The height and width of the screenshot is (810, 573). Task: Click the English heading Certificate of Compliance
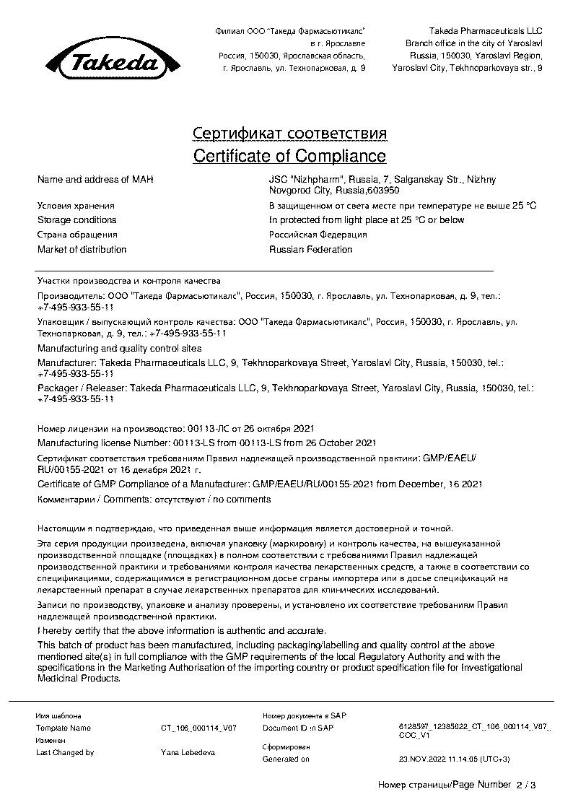click(289, 156)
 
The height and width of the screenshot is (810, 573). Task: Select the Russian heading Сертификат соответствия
click(289, 134)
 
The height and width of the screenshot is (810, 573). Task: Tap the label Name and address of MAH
click(95, 179)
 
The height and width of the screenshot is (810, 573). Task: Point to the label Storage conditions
click(76, 220)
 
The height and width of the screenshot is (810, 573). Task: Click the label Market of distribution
click(82, 250)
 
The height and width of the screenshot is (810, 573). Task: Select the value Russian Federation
click(311, 250)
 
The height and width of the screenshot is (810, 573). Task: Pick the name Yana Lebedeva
click(188, 752)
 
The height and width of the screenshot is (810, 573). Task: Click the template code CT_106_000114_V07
click(198, 728)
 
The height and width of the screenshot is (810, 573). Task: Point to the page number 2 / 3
click(526, 785)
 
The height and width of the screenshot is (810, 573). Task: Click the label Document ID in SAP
click(298, 728)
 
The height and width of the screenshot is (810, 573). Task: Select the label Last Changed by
click(65, 752)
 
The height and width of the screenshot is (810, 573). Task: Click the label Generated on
click(286, 759)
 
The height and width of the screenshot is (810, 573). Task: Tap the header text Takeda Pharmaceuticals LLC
click(485, 31)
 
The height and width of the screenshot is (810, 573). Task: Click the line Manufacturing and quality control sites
click(119, 348)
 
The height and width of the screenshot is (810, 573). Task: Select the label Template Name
click(64, 728)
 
